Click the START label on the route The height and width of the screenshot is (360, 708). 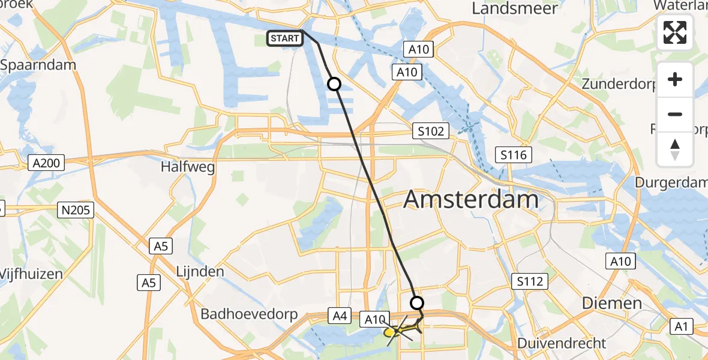click(284, 38)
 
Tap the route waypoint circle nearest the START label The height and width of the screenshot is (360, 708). click(334, 85)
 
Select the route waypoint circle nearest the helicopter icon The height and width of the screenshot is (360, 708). click(416, 302)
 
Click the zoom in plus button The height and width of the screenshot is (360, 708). click(675, 79)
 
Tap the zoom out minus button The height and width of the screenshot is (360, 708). click(675, 114)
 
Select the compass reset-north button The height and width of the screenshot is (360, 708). click(675, 149)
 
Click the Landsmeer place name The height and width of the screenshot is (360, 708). click(515, 8)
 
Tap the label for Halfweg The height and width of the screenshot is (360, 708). click(187, 167)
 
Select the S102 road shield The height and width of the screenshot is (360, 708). click(431, 131)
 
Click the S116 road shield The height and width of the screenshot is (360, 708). click(514, 155)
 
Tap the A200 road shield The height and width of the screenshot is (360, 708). click(47, 164)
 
